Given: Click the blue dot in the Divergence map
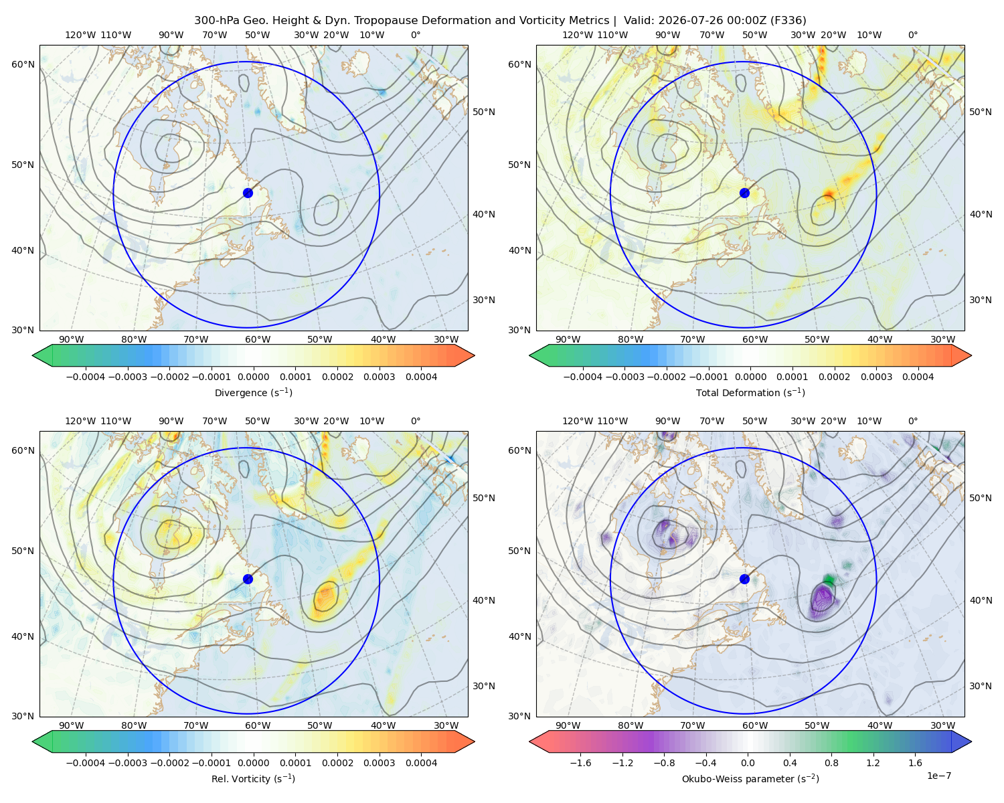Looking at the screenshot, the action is [x=248, y=193].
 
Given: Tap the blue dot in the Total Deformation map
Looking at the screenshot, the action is [x=744, y=193].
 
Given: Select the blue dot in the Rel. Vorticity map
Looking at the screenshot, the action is [x=248, y=579].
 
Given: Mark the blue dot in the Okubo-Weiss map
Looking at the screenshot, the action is [x=744, y=579].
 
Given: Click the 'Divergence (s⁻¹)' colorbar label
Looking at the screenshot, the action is [x=253, y=392].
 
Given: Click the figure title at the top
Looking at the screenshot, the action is [x=500, y=21].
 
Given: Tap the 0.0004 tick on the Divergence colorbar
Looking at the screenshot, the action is [x=421, y=377].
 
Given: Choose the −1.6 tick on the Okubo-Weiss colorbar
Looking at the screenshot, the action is [x=580, y=763].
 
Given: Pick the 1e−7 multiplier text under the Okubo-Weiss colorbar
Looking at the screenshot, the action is [x=938, y=776].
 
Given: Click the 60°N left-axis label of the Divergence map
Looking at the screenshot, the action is [x=23, y=64].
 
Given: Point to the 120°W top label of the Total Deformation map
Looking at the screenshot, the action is [x=577, y=35].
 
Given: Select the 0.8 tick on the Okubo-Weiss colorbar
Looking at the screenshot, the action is [x=831, y=763].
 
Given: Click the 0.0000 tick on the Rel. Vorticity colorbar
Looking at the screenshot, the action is [x=253, y=763].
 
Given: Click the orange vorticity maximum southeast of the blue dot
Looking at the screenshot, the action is [x=326, y=598].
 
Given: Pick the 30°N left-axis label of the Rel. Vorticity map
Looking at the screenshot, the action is [x=23, y=716].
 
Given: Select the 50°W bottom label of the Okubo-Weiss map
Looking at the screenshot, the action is [x=817, y=725].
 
